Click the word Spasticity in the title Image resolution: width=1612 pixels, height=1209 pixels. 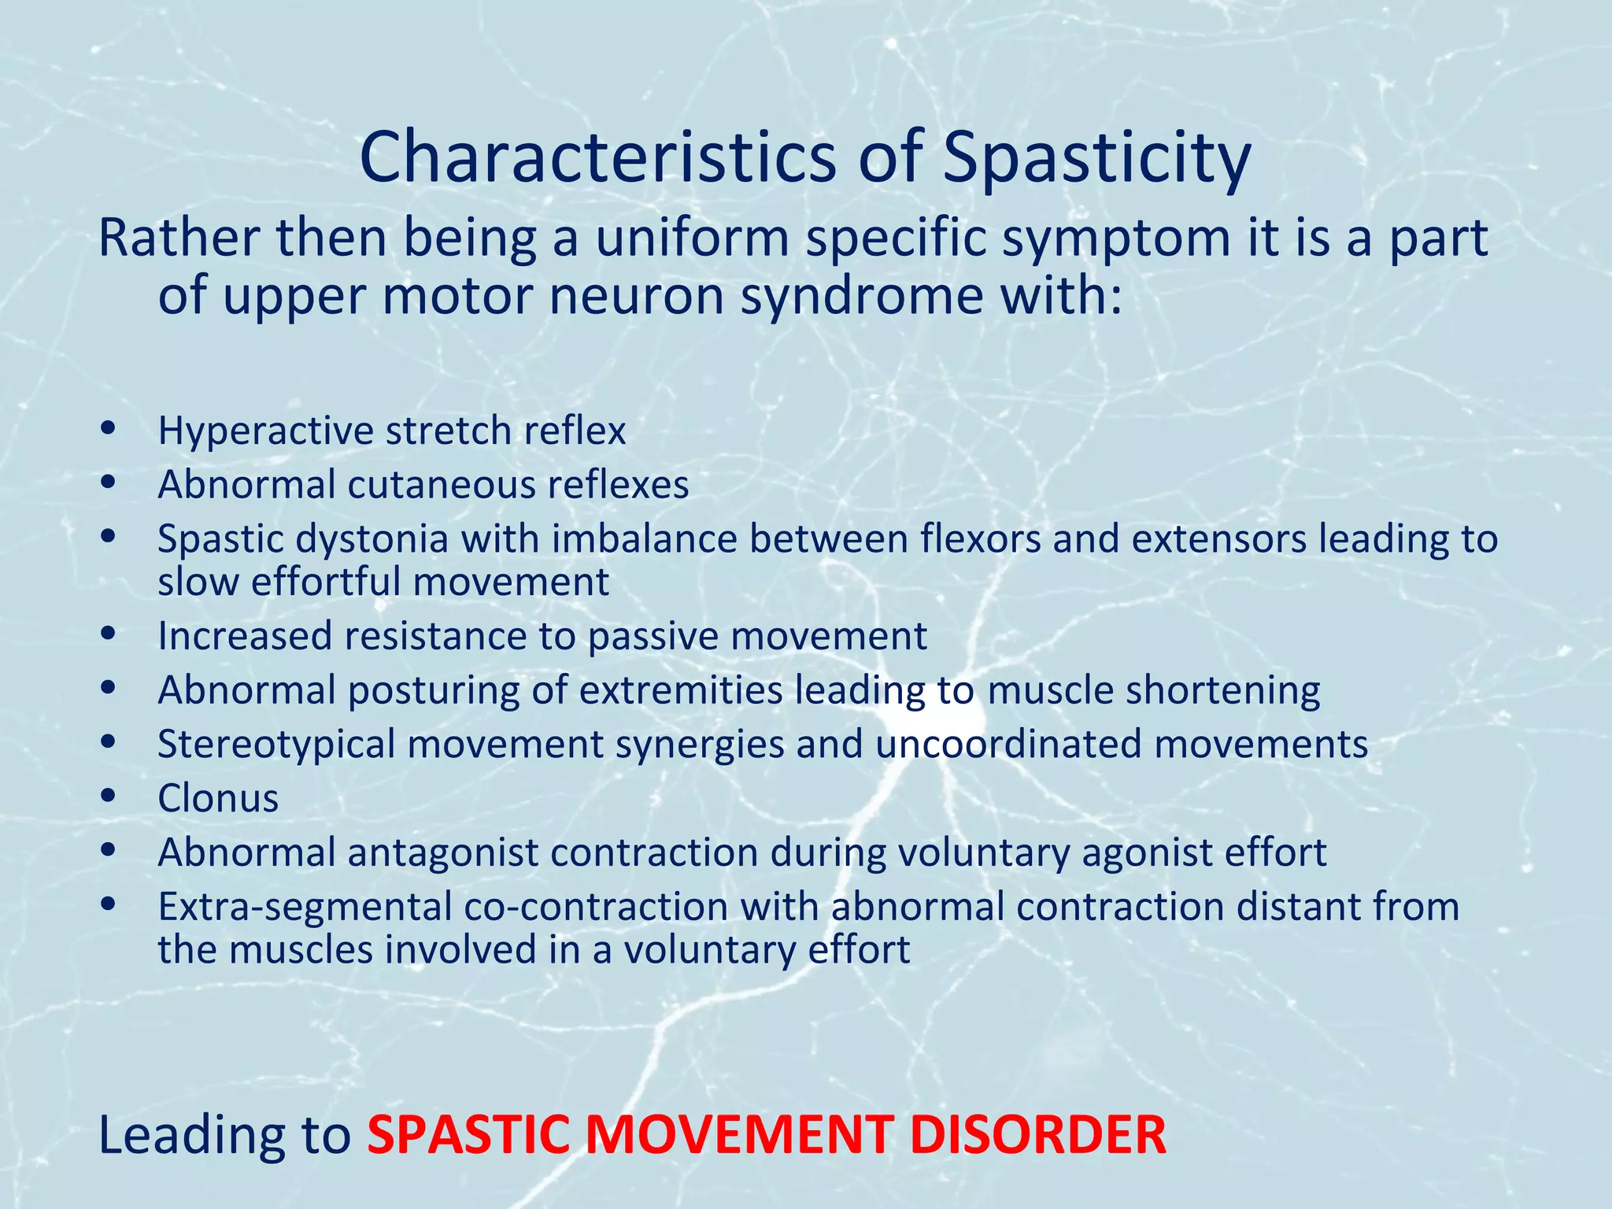(x=1096, y=157)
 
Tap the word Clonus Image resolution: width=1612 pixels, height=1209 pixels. (x=218, y=798)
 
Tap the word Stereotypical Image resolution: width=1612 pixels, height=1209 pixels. (x=276, y=745)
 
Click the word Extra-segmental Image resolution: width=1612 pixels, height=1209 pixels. (x=304, y=907)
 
